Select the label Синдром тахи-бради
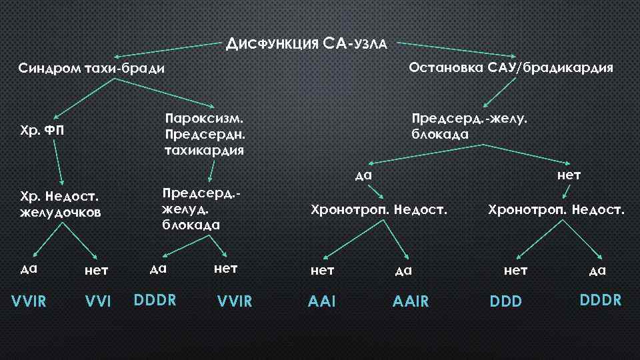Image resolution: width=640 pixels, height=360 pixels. point(91,69)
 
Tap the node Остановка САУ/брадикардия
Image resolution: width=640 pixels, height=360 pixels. point(511,67)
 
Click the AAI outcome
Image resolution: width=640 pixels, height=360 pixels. point(321,302)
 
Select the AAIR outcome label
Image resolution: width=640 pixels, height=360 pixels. point(411,302)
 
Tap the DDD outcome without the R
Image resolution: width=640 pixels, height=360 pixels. point(507,302)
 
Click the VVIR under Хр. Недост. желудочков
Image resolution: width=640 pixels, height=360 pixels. point(29,301)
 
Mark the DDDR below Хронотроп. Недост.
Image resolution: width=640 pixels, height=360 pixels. point(601,300)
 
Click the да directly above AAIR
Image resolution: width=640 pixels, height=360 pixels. point(404,270)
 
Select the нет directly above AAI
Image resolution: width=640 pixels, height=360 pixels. point(323,270)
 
